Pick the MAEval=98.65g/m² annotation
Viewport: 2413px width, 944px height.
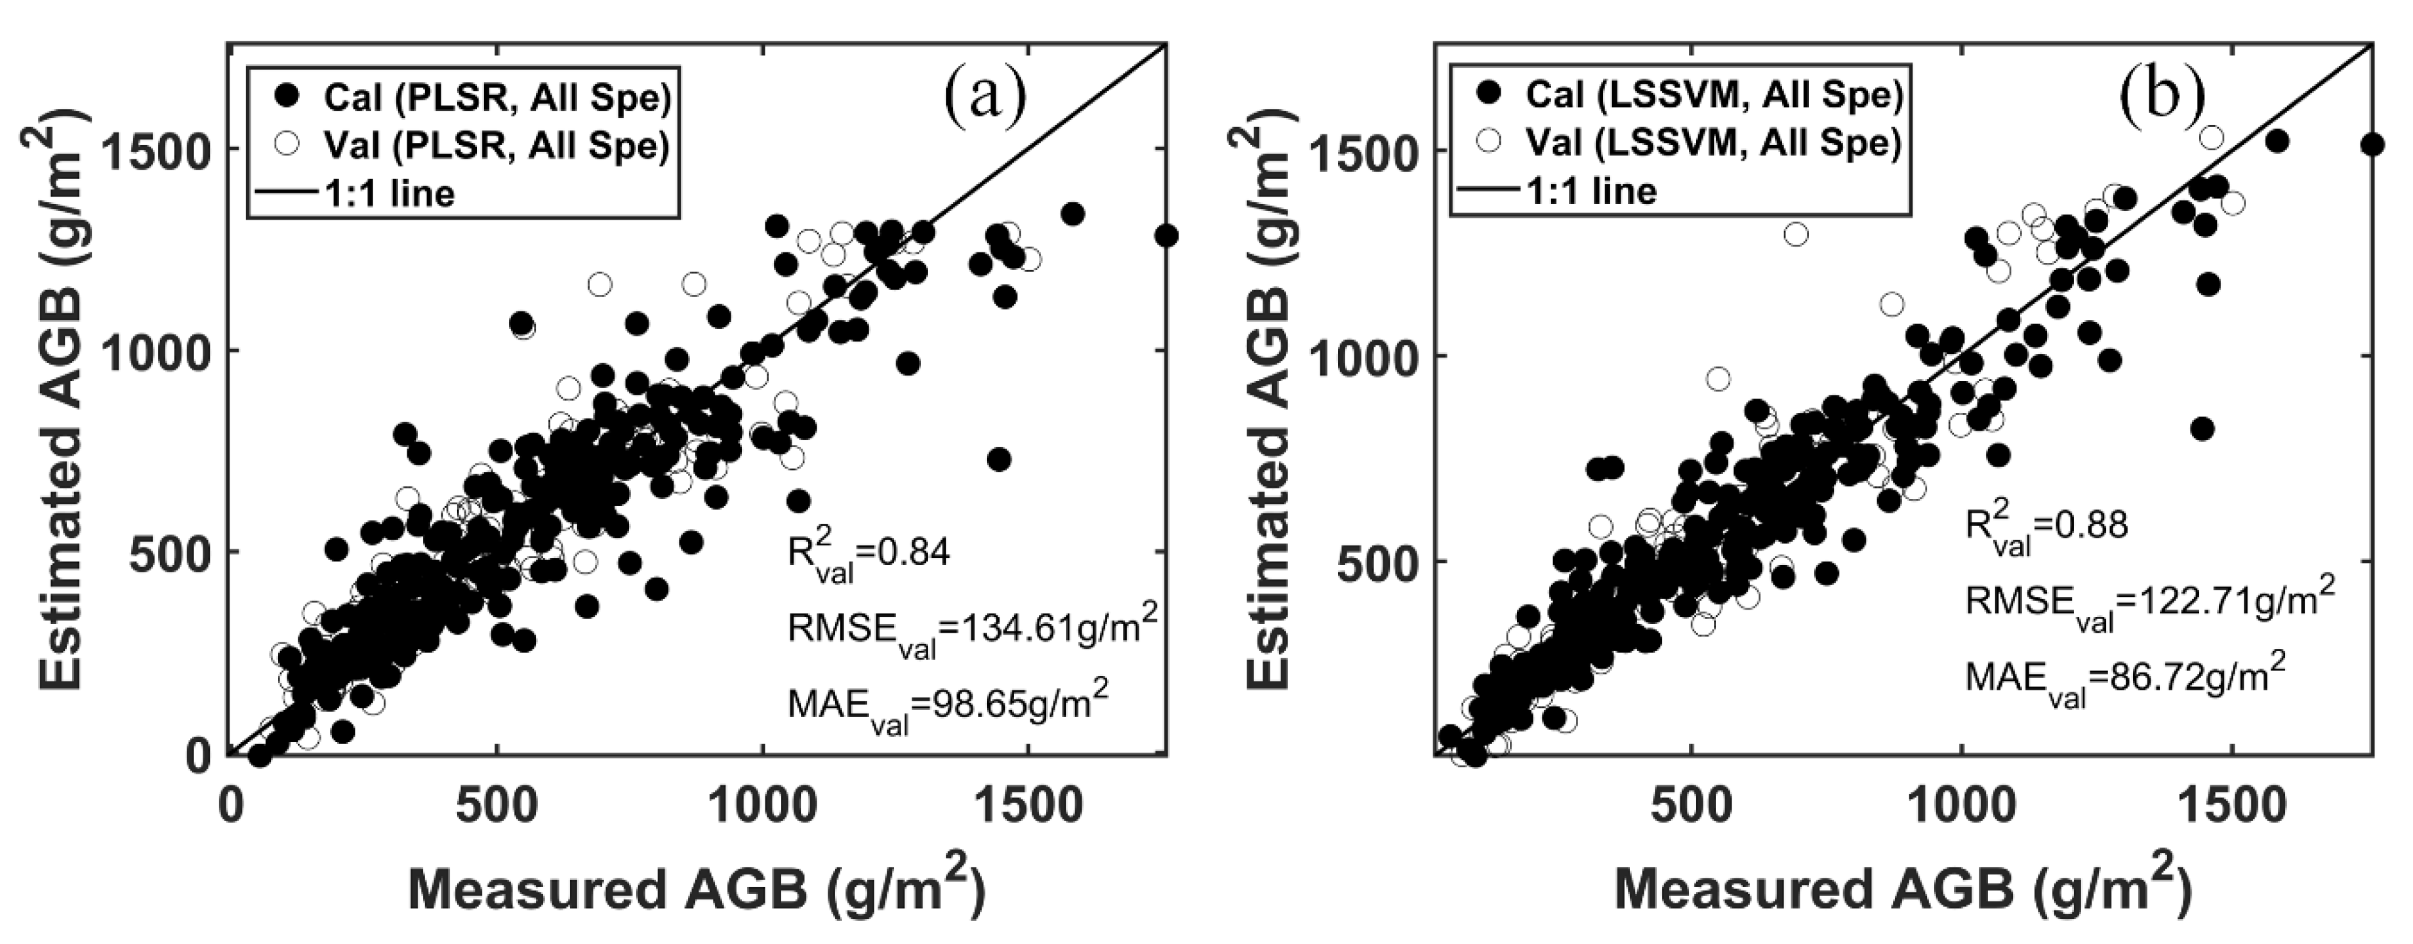948,704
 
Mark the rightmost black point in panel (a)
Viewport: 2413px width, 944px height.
1166,236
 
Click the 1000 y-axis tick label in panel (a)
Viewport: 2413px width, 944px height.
151,350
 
